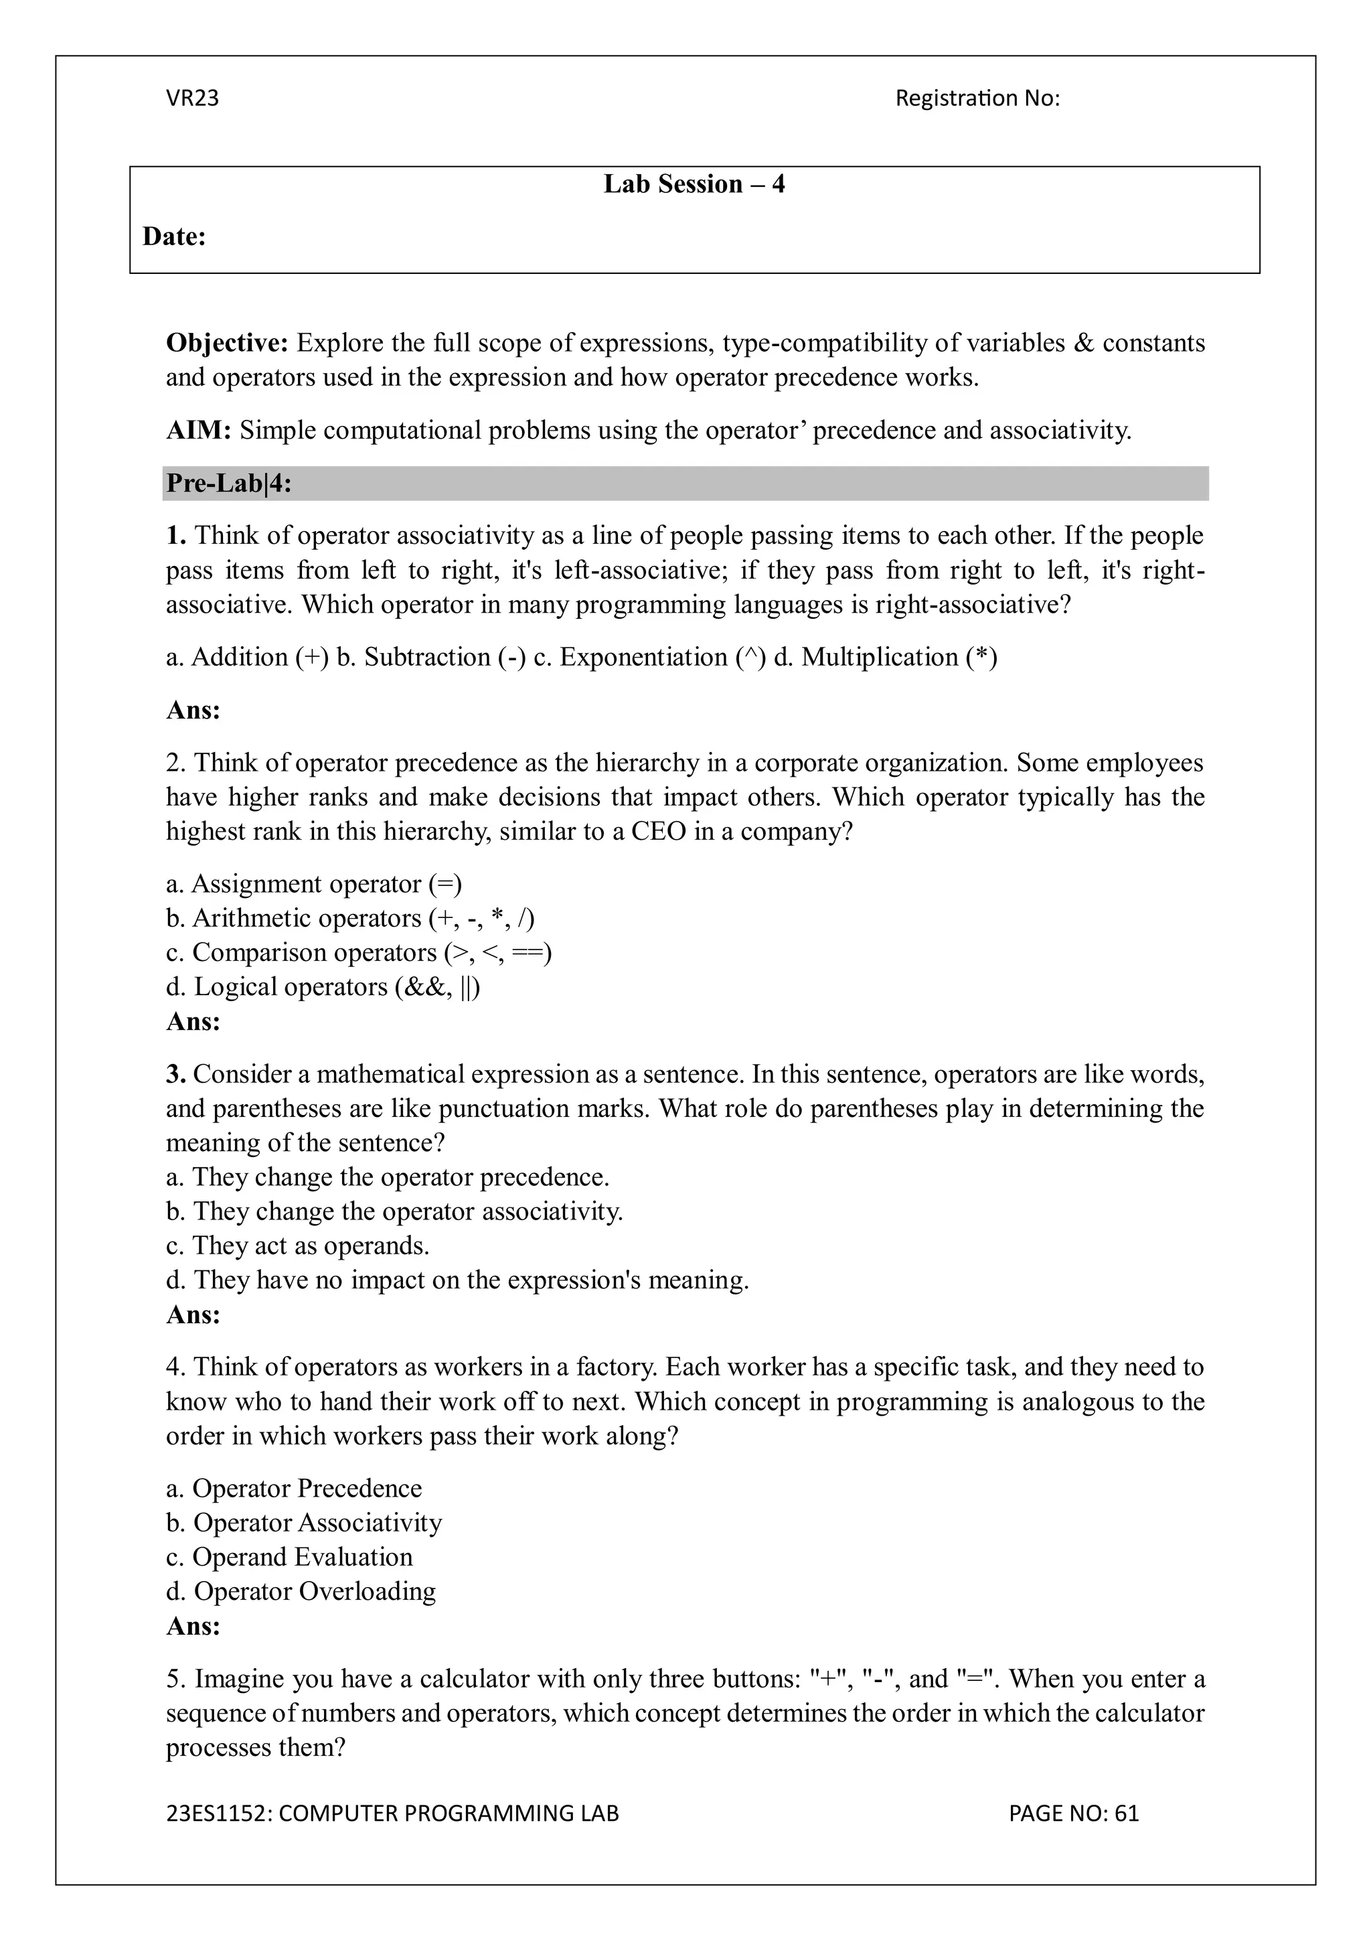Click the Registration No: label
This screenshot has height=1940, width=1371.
click(977, 99)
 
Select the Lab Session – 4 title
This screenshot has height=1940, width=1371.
click(694, 184)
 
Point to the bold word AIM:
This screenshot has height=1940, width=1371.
click(199, 431)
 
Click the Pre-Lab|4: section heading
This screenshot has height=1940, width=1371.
click(228, 483)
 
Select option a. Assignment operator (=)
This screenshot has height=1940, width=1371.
click(313, 884)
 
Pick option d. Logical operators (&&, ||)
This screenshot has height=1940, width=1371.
click(323, 987)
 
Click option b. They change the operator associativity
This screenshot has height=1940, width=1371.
click(394, 1211)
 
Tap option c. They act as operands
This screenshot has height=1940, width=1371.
click(297, 1246)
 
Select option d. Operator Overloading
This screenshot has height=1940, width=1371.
click(301, 1592)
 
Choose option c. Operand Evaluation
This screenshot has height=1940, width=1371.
click(289, 1557)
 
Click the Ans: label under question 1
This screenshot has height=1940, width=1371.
click(193, 711)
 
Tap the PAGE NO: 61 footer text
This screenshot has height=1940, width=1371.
click(1073, 1813)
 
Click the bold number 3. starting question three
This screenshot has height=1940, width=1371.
click(175, 1075)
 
